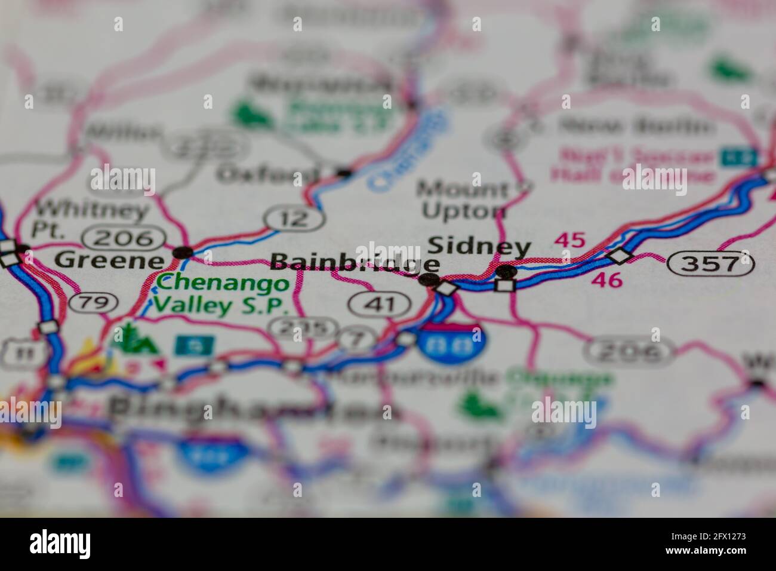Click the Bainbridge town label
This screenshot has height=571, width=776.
355,263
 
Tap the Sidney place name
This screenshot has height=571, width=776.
479,247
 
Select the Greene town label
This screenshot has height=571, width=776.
109,260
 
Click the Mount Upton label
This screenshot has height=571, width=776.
462,200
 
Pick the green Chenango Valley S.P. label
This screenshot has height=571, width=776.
222,293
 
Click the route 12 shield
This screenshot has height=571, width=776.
295,219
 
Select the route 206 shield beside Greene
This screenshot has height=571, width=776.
125,238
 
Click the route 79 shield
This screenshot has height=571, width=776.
93,302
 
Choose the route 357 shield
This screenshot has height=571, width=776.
711,263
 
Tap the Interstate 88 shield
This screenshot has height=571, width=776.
451,343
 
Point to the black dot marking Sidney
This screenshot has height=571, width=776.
507,271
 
